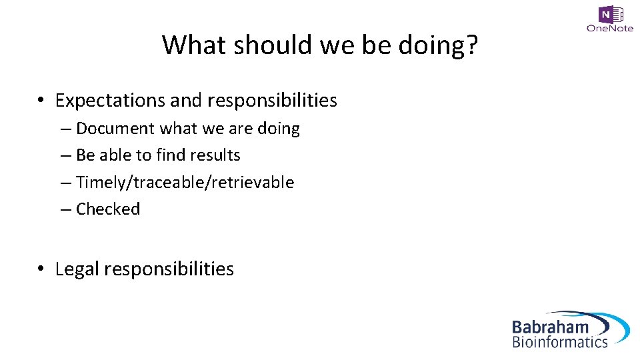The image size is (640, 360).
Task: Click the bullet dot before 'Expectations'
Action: click(x=41, y=101)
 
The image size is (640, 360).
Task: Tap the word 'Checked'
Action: click(x=108, y=209)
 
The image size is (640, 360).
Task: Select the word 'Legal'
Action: click(x=77, y=269)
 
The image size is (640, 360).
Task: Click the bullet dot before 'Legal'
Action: click(x=41, y=269)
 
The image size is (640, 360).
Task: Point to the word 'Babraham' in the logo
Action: click(x=550, y=327)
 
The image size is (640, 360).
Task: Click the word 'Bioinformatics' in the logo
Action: click(x=560, y=342)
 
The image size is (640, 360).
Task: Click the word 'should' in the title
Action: click(x=259, y=45)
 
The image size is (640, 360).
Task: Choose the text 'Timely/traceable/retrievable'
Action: click(x=185, y=183)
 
